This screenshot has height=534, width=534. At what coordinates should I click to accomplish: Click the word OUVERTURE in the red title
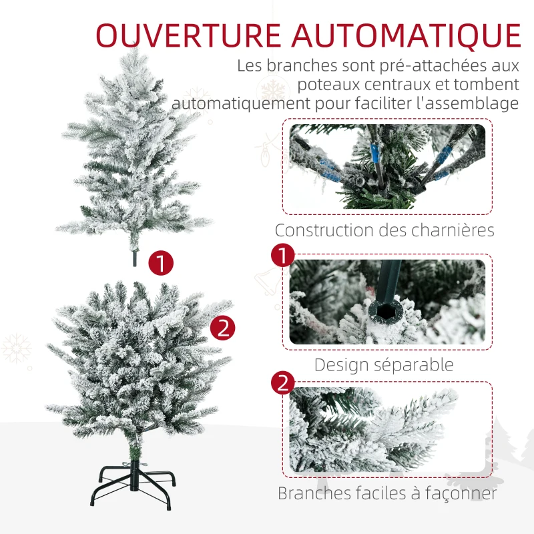tap(188, 35)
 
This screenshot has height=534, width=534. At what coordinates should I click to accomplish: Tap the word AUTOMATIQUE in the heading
tap(407, 36)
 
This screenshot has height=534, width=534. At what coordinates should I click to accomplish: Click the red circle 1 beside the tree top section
tap(161, 263)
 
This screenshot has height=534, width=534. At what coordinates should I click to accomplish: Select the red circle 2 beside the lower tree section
tap(222, 328)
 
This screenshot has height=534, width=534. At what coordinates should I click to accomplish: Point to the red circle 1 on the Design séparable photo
tap(282, 255)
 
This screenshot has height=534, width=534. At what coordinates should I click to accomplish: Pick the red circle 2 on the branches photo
tap(282, 382)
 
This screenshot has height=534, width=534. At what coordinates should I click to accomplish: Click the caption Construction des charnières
tap(384, 230)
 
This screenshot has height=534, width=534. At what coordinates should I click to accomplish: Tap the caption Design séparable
tap(384, 364)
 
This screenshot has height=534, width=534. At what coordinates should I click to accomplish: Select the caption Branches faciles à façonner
tap(387, 493)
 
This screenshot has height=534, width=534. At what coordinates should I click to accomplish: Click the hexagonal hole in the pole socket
tap(385, 310)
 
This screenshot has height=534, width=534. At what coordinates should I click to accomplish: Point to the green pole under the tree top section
tap(135, 258)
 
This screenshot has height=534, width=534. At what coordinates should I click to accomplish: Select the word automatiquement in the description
tap(241, 103)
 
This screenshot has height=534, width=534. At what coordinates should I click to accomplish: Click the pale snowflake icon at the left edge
tap(16, 348)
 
